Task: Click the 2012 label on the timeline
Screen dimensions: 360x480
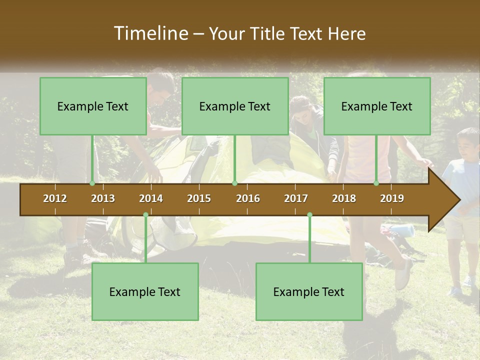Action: click(x=55, y=198)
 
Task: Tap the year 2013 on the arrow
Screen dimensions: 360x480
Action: click(x=103, y=198)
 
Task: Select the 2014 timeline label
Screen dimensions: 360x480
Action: click(x=151, y=198)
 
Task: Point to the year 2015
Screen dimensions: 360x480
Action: click(x=199, y=198)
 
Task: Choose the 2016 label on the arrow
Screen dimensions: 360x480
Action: click(x=248, y=198)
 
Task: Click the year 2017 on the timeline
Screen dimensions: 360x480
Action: click(x=296, y=198)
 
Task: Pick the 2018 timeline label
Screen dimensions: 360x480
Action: click(x=344, y=198)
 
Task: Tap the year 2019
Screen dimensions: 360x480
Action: click(x=392, y=198)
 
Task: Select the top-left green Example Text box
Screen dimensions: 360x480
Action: click(x=93, y=106)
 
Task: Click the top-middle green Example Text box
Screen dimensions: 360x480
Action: click(x=235, y=106)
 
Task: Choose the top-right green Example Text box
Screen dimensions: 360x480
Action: click(x=377, y=106)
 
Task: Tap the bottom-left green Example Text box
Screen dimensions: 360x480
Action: click(x=145, y=291)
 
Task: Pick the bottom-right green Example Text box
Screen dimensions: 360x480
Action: click(x=309, y=291)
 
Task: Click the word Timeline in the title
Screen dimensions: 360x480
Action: click(x=150, y=33)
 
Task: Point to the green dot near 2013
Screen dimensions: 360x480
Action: click(x=92, y=183)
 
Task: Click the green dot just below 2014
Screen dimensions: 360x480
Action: click(x=145, y=214)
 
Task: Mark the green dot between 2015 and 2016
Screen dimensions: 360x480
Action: click(x=234, y=183)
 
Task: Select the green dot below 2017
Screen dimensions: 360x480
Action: click(x=309, y=214)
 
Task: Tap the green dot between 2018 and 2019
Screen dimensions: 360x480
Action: click(x=376, y=183)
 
